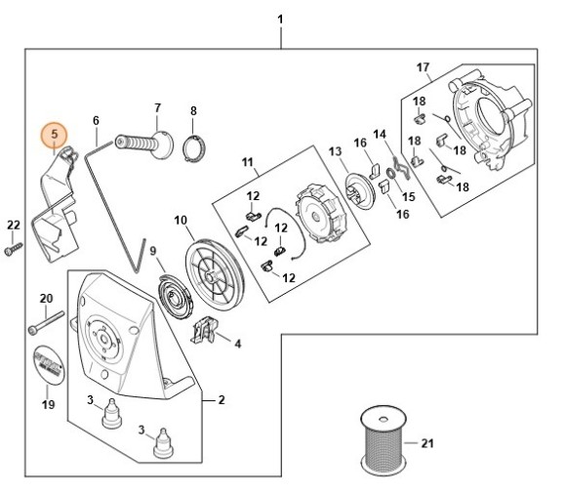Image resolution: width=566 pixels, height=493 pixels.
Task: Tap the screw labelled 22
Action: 14,250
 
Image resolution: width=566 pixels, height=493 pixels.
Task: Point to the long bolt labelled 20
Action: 46,319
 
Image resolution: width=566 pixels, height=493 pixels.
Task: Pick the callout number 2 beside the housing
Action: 221,399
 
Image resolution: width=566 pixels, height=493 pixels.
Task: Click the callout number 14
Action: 380,134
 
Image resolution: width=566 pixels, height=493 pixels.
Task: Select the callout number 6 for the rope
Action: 96,121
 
